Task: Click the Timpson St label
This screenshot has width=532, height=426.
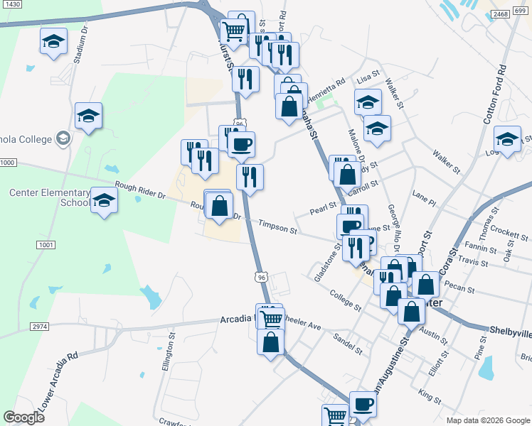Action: point(277,228)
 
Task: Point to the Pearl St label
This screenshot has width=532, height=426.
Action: point(323,209)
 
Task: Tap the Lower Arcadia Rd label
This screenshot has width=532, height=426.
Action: point(58,381)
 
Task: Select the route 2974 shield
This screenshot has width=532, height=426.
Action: point(40,326)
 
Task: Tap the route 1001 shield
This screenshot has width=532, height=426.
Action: point(46,245)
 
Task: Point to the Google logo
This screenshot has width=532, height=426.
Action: point(23,417)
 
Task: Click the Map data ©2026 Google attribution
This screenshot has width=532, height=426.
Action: point(488,420)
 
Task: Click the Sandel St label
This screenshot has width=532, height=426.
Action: point(348,346)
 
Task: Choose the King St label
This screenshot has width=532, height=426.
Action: point(430,393)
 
